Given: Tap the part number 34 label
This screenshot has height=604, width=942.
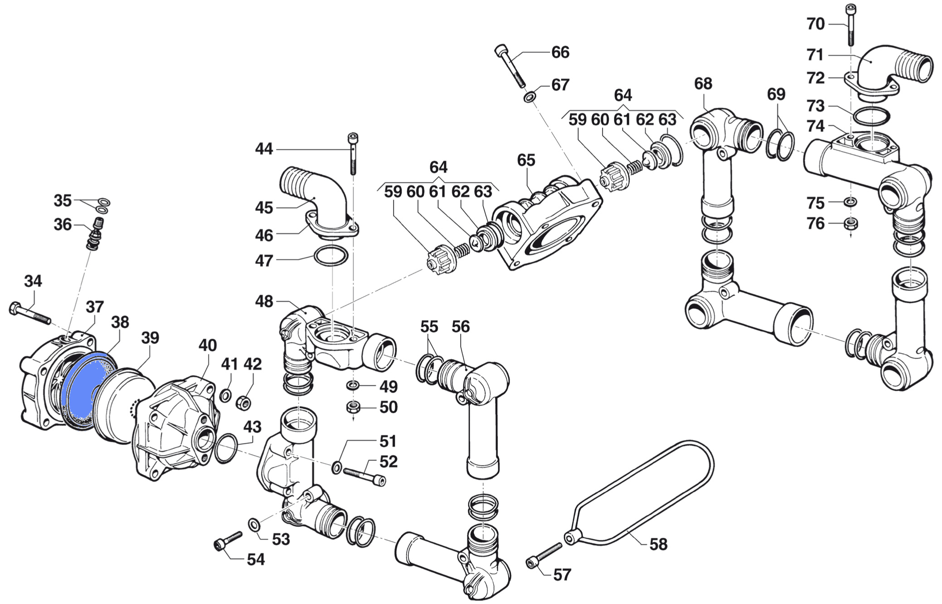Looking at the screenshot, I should (x=33, y=281).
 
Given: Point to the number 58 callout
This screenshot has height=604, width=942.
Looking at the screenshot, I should (x=658, y=544).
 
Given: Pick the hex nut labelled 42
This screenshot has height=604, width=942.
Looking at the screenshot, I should (x=244, y=402).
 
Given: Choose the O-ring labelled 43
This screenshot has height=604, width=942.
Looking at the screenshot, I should (x=226, y=449).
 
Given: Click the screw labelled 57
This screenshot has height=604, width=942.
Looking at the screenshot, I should (x=544, y=556).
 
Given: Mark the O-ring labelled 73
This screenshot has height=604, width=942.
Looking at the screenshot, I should (x=871, y=116).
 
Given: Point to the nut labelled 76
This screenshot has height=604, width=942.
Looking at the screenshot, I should (x=850, y=223).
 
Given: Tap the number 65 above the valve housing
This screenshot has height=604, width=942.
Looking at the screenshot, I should (x=526, y=160).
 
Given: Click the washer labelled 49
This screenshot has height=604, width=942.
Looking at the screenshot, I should (x=353, y=385).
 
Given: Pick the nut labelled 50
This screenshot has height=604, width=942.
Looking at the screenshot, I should (x=353, y=407).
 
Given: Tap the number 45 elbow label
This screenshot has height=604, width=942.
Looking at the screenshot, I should (x=264, y=208).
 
